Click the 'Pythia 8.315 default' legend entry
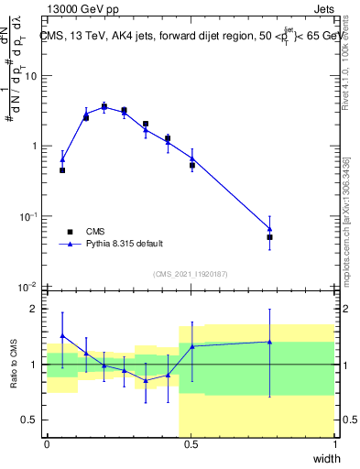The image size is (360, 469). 123,245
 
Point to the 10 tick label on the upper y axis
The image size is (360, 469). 30,76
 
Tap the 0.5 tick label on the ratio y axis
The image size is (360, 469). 31,420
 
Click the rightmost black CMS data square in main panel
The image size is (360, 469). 269,237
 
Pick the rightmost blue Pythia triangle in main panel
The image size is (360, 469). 269,229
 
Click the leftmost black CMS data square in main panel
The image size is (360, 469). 62,170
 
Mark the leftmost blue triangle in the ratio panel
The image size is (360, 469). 62,336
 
